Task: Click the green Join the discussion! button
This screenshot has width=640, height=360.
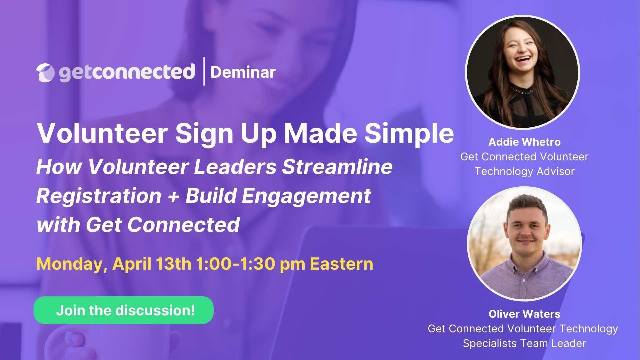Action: [123, 310]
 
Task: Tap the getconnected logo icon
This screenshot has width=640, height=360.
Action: [45, 72]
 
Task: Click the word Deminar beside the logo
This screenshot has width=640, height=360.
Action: [243, 72]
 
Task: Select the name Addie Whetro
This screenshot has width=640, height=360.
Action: [524, 142]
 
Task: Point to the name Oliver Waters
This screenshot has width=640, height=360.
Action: [524, 314]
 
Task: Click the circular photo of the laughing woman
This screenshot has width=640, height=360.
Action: [522, 72]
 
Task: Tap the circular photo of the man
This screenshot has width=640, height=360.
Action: [524, 244]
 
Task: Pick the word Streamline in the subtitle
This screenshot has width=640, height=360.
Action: [337, 167]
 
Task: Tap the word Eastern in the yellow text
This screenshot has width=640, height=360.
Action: [341, 264]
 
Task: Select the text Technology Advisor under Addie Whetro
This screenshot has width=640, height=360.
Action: [524, 171]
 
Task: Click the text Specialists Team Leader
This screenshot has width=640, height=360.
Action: [524, 343]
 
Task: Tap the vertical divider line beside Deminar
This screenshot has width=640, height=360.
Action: [204, 71]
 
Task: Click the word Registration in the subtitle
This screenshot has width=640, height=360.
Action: [99, 196]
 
